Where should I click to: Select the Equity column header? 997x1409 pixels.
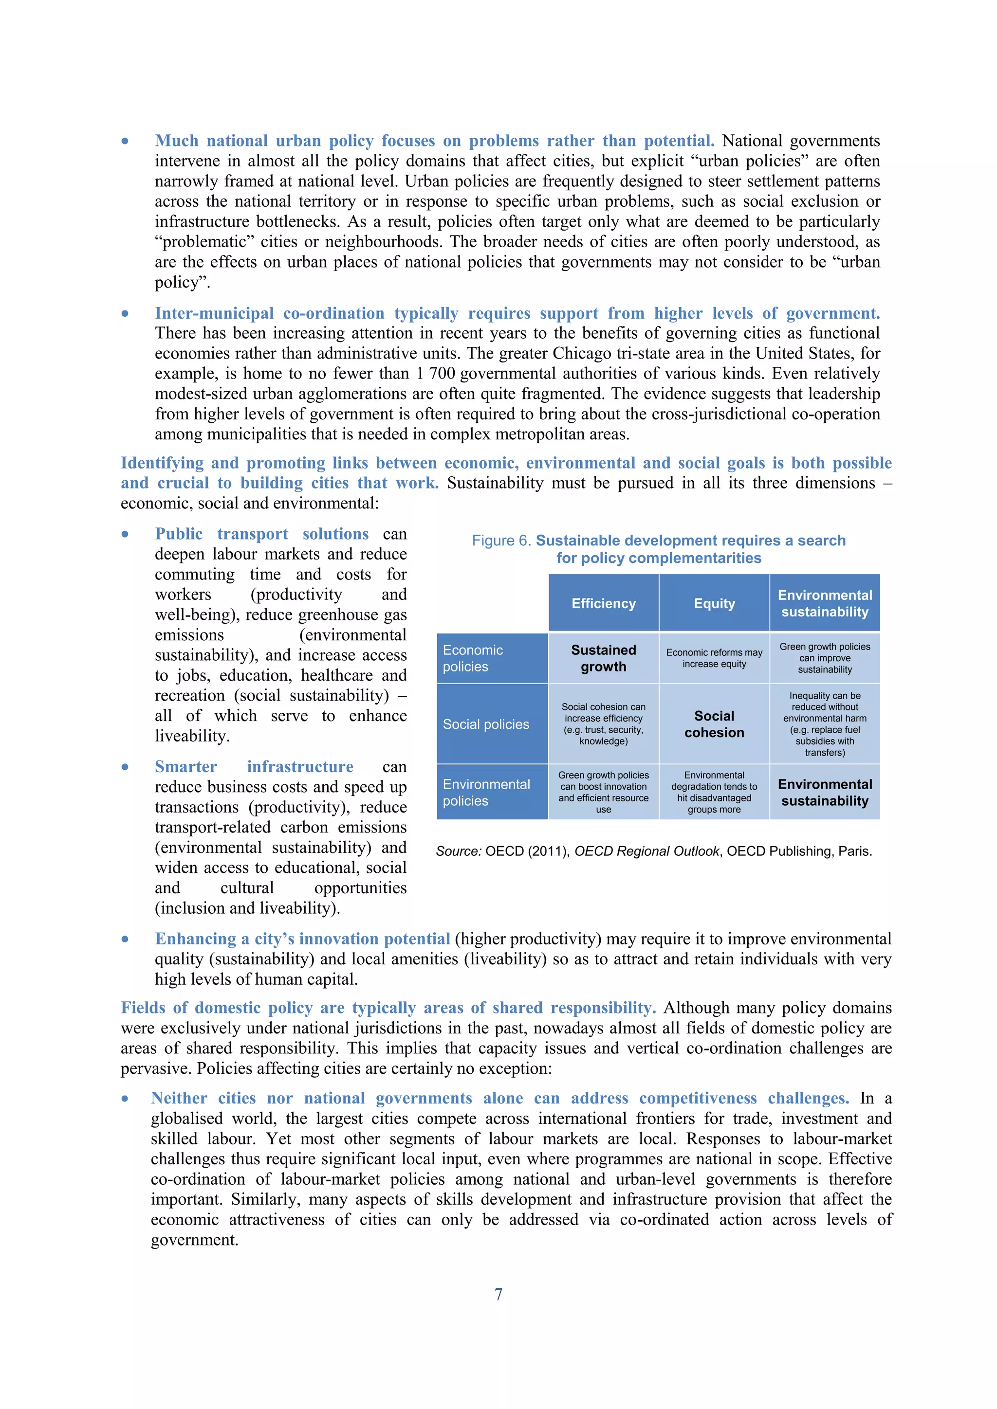(714, 603)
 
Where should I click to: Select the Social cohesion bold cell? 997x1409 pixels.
(714, 724)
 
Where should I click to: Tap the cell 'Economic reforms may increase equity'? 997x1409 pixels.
(714, 658)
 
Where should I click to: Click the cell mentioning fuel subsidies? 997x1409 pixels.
(825, 724)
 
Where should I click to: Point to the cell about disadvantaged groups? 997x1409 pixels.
(714, 792)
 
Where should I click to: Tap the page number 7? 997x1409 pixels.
(498, 1294)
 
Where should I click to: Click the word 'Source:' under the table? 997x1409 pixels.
(459, 851)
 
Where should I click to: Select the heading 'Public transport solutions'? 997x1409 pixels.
(261, 534)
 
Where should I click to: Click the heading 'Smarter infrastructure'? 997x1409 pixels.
(254, 766)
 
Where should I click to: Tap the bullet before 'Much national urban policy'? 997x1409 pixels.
(125, 141)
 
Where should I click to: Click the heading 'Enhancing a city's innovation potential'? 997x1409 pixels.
(302, 939)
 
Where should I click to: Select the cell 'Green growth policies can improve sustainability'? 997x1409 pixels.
(825, 658)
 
